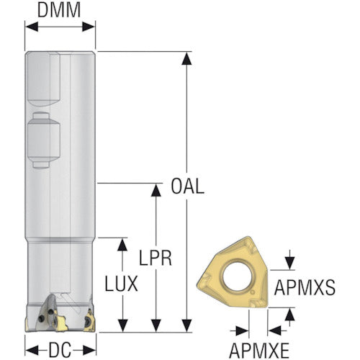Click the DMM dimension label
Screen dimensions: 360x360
(59, 10)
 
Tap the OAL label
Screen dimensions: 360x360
(187, 186)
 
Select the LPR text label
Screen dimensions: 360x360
(156, 258)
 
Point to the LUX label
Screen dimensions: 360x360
(122, 284)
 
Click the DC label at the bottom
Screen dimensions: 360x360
(60, 350)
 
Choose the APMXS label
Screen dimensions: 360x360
(305, 287)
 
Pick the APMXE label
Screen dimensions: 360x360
(259, 351)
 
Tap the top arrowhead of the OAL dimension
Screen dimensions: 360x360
(186, 59)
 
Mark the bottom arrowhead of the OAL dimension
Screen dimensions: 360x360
(186, 325)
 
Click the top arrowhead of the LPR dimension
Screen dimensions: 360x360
(156, 190)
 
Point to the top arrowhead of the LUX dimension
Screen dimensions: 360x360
(122, 245)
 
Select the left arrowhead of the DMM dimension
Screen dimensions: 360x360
(32, 27)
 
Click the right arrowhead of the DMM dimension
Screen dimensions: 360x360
(89, 27)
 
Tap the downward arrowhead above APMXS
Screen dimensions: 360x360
(290, 263)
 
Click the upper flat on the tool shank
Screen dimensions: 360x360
(42, 79)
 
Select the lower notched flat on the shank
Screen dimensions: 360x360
(43, 140)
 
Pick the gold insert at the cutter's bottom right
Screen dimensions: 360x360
(90, 320)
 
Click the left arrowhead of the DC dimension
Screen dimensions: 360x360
(32, 350)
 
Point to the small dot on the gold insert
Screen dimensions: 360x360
(253, 292)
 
